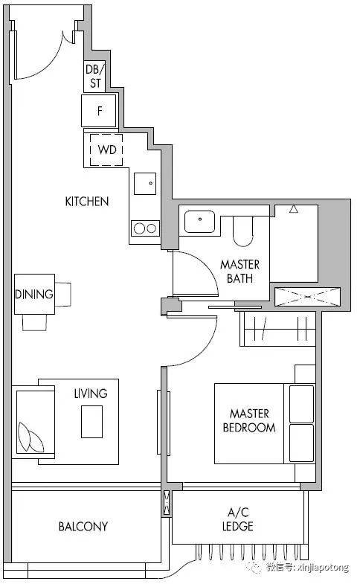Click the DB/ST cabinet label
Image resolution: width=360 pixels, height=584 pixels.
tap(95, 76)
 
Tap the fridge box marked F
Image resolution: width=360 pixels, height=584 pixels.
tap(99, 111)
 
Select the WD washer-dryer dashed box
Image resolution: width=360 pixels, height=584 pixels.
tap(106, 150)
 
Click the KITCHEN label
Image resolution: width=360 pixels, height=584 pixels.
tap(87, 202)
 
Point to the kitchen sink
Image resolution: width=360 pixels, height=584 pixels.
tap(145, 183)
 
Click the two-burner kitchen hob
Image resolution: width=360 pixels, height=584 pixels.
tap(145, 228)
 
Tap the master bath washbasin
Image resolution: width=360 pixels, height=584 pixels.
tap(200, 222)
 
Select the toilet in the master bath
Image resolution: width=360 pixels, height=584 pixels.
tap(242, 231)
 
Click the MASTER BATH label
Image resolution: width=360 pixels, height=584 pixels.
tap(240, 271)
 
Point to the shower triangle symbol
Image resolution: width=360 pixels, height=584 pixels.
tap(294, 209)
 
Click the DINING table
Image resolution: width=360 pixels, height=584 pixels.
tap(35, 295)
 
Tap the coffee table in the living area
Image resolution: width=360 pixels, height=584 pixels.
tap(92, 422)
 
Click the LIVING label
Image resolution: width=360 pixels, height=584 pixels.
tap(91, 394)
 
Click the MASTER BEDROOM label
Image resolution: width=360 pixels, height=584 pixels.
tap(249, 420)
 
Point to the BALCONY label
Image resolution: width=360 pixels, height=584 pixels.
tap(83, 527)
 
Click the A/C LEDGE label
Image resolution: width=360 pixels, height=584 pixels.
tap(238, 519)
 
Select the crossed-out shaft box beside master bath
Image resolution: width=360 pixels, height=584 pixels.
tap(307, 297)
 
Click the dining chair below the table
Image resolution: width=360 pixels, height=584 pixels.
tap(35, 323)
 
